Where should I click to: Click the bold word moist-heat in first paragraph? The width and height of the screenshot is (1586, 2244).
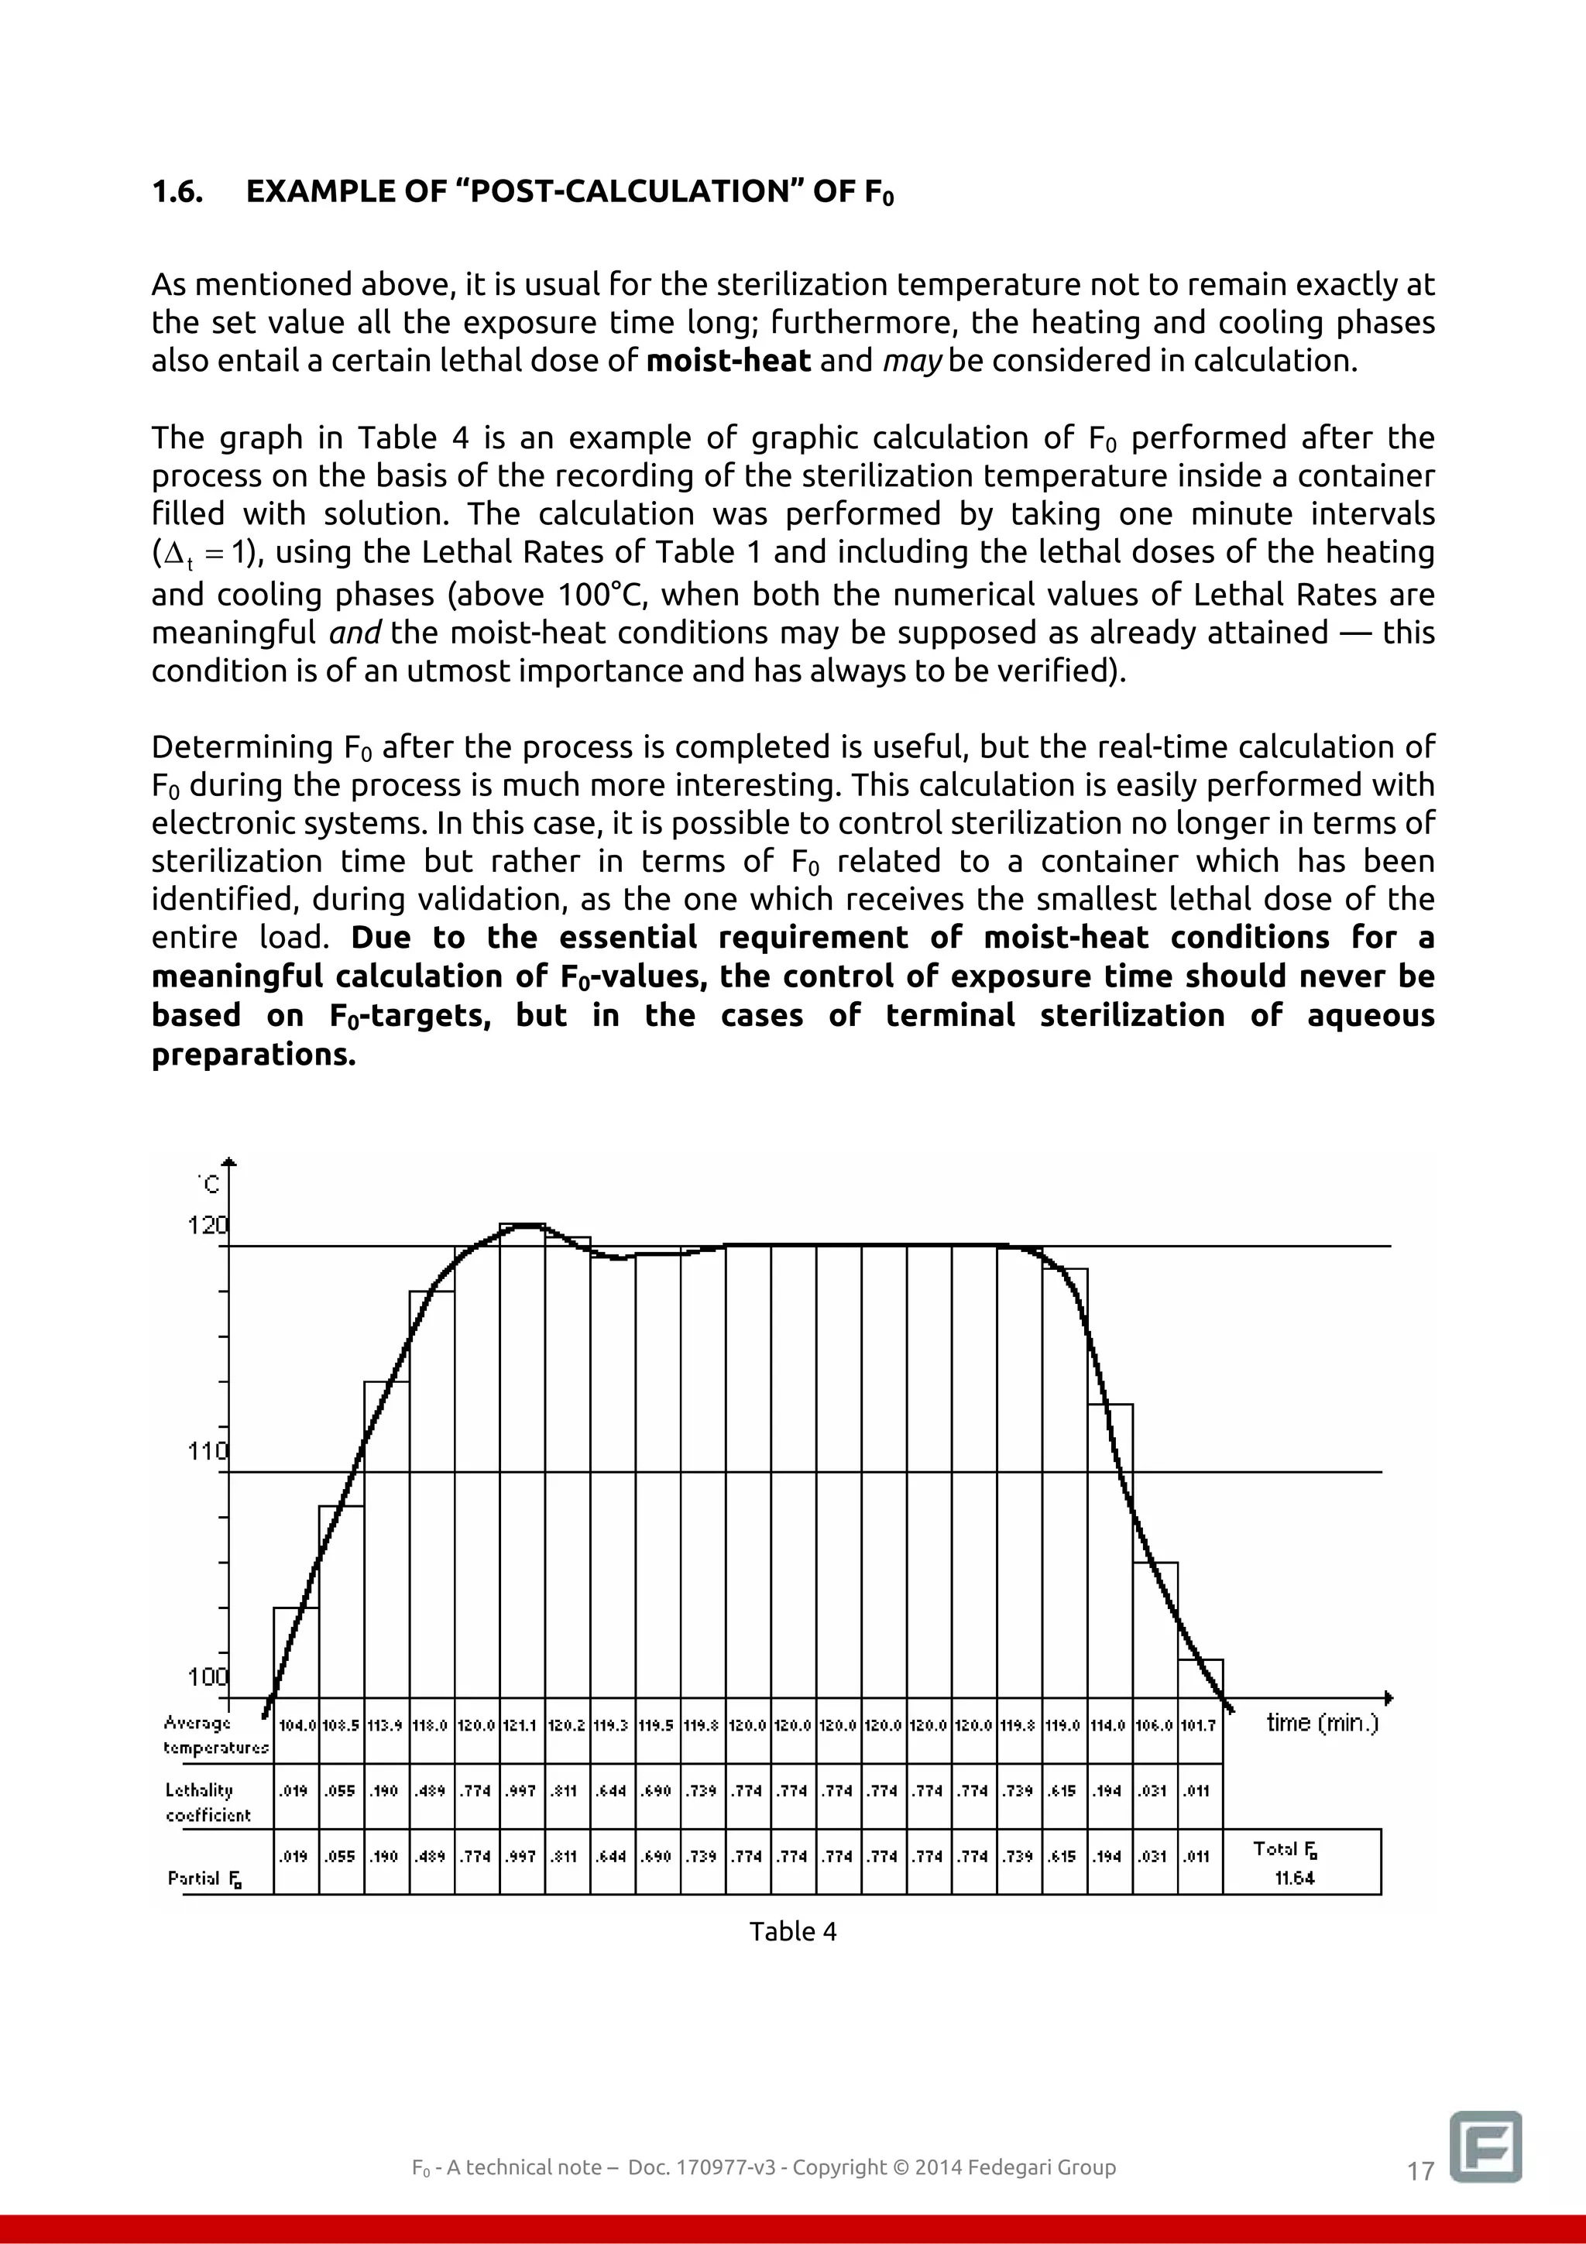click(728, 361)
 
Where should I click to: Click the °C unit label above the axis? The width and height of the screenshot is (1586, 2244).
click(209, 1185)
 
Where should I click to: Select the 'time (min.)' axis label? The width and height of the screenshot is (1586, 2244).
click(1322, 1722)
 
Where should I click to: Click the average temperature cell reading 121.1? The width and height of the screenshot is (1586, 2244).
click(522, 1726)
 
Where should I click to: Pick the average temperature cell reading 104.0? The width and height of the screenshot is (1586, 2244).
click(297, 1726)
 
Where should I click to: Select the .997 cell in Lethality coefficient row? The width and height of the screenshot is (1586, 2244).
click(522, 1790)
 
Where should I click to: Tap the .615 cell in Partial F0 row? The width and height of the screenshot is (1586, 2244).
click(1064, 1856)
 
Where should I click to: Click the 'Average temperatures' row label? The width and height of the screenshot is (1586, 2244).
click(215, 1734)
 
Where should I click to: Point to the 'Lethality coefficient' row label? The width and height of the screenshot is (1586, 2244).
click(208, 1802)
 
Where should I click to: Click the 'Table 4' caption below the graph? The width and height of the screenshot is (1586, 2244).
click(792, 1931)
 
